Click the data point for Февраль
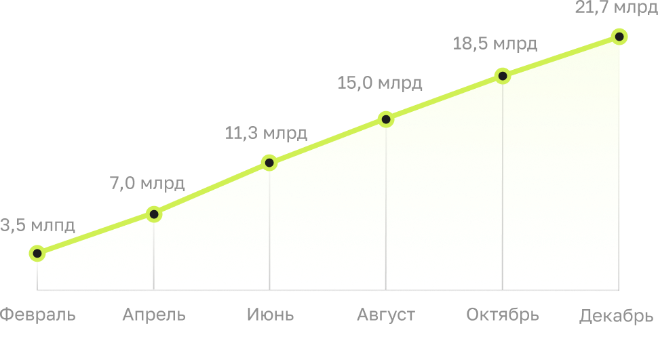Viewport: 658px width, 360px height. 37,254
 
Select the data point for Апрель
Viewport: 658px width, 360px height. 153,214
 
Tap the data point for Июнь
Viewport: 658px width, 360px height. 269,163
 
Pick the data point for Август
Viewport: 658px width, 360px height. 386,119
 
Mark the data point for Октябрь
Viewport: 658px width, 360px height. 503,75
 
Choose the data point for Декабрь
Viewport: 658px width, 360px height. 619,37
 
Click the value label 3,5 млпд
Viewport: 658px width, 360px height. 37,225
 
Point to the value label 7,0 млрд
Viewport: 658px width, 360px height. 147,183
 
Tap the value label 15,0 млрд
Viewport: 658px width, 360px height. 380,83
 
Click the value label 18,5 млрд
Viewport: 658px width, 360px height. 495,44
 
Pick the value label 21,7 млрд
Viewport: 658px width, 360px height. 616,8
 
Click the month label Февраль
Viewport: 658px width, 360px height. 37,315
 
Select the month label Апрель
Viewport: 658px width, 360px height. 154,315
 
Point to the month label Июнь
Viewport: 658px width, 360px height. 270,315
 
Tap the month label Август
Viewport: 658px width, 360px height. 386,315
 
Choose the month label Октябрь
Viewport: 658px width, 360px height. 503,315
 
